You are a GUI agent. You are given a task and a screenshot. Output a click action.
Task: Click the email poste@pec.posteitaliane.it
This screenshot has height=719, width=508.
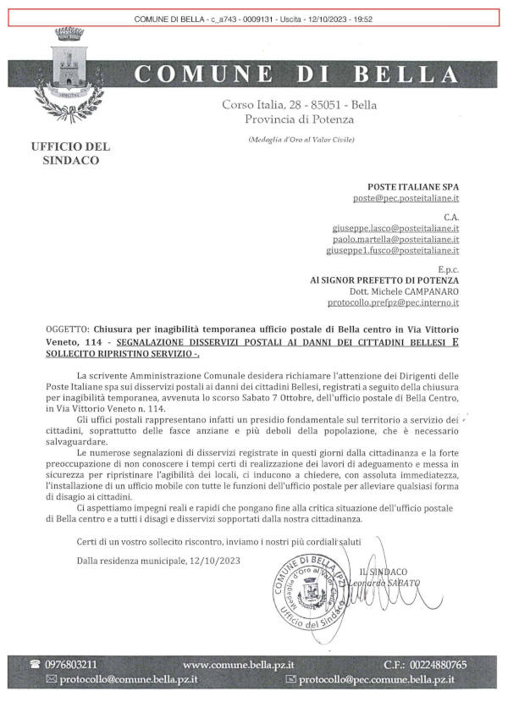tap(406, 197)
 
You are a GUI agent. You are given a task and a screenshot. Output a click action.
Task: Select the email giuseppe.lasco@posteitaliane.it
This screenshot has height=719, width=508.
tap(395, 229)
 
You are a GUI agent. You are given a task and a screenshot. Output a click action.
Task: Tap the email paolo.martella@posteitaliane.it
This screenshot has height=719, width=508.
tap(395, 240)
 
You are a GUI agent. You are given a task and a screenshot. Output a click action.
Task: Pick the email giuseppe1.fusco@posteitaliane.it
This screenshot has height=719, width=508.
tap(394, 251)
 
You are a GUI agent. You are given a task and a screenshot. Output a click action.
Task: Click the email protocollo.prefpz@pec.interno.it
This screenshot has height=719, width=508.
tap(394, 301)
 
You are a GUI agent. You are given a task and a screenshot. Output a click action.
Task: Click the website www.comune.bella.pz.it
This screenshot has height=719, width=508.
tap(244, 664)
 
